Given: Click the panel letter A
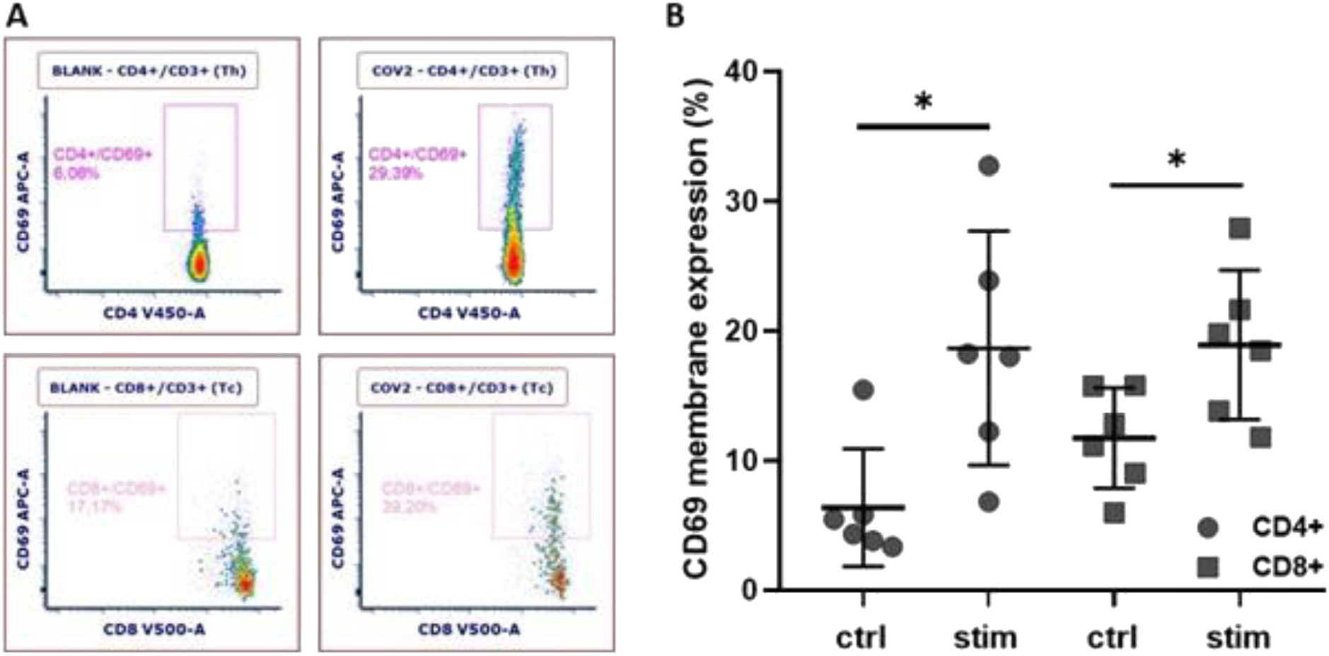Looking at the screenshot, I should pyautogui.click(x=17, y=15).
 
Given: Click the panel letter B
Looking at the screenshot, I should pyautogui.click(x=675, y=15).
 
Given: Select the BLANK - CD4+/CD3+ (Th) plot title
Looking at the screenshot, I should pyautogui.click(x=149, y=71).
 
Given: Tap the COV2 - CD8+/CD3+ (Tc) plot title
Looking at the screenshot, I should pyautogui.click(x=462, y=388).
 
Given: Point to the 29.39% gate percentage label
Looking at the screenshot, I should pyautogui.click(x=395, y=172).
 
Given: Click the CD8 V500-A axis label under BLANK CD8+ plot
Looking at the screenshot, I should pyautogui.click(x=154, y=629).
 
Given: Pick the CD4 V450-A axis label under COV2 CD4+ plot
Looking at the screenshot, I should pyautogui.click(x=468, y=313).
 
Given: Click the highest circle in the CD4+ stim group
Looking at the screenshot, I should pyautogui.click(x=989, y=166).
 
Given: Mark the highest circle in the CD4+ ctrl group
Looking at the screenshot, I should pyautogui.click(x=864, y=390).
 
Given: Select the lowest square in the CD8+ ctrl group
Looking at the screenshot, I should pyautogui.click(x=1114, y=513).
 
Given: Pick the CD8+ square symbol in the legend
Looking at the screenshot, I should pyautogui.click(x=1208, y=567).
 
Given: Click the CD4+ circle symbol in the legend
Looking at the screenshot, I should pyautogui.click(x=1208, y=528).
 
